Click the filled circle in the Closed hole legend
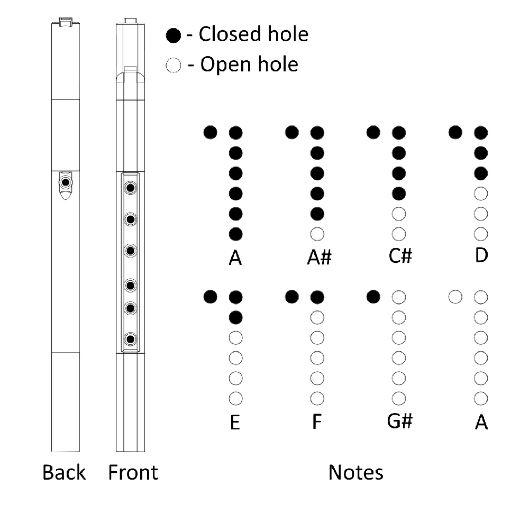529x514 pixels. (x=173, y=36)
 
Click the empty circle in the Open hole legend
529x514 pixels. (x=173, y=66)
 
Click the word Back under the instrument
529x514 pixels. (x=64, y=472)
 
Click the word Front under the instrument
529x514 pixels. (x=133, y=472)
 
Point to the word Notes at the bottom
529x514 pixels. (x=355, y=472)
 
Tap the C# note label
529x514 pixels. (x=400, y=256)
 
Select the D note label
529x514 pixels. (x=481, y=255)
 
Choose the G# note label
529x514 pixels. (x=400, y=421)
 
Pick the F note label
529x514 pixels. (x=317, y=423)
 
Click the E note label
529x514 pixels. (x=235, y=423)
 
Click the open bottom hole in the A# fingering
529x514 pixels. (x=317, y=233)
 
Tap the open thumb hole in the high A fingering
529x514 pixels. (x=454, y=297)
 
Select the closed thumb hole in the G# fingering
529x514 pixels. (x=374, y=297)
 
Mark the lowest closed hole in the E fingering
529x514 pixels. (x=235, y=317)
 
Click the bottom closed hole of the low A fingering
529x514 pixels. (x=235, y=233)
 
